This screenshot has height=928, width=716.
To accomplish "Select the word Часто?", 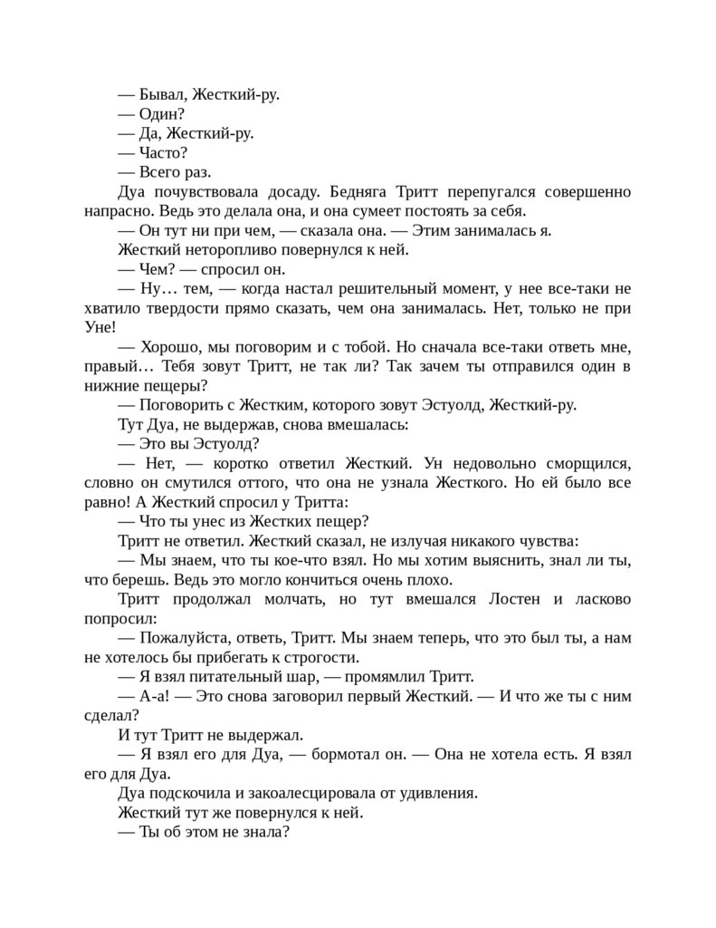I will coord(164,152).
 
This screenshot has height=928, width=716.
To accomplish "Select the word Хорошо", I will coord(171,347).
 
